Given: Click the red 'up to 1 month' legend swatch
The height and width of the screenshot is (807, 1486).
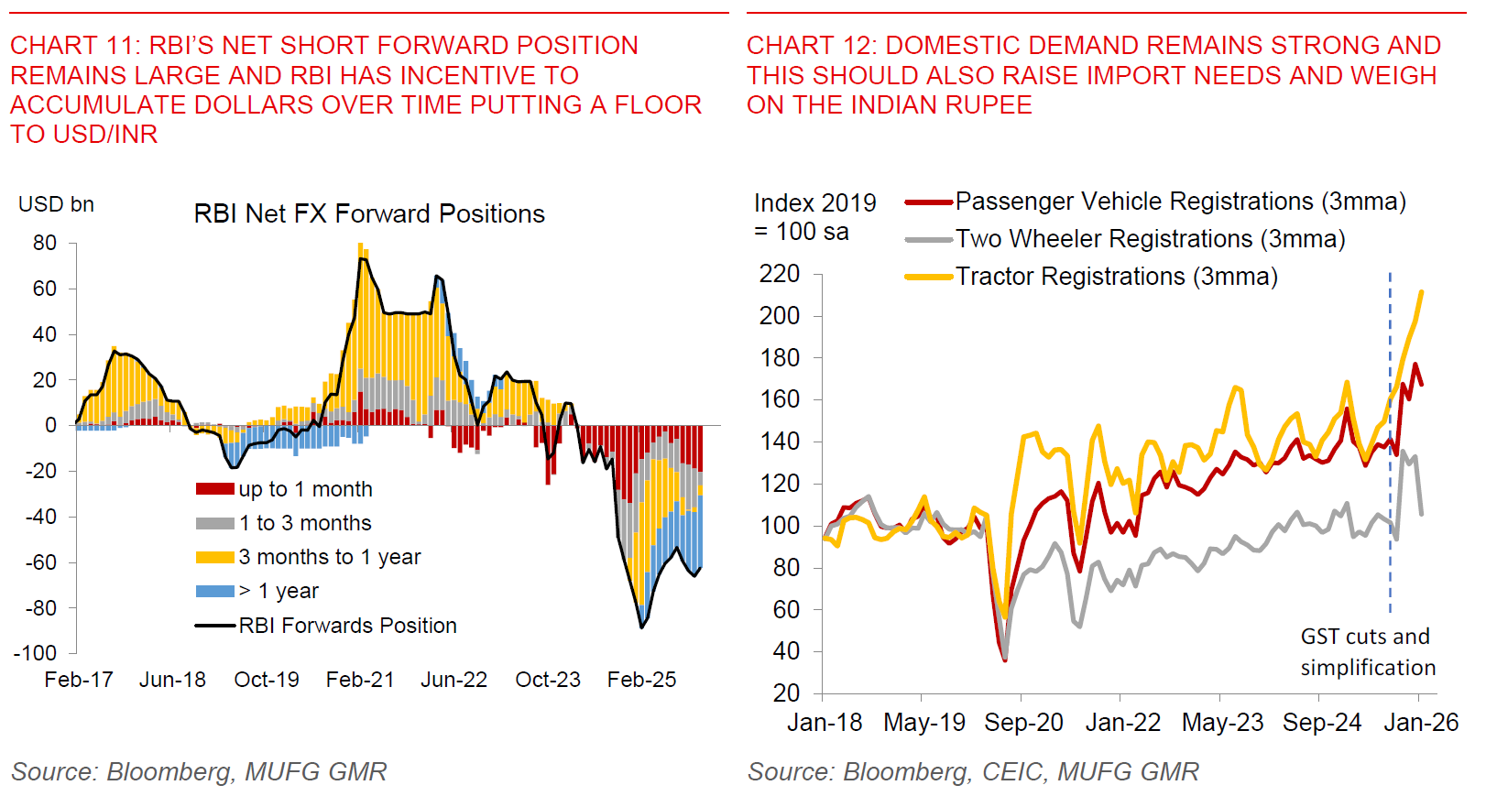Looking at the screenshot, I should click(x=215, y=489).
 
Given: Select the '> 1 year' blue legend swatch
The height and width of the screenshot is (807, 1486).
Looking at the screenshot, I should click(x=215, y=591).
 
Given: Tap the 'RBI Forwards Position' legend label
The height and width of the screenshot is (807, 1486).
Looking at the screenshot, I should click(x=347, y=626).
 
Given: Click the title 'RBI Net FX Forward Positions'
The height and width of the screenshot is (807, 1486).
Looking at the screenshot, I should click(x=369, y=213).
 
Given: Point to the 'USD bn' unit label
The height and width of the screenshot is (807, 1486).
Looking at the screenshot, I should click(x=56, y=204).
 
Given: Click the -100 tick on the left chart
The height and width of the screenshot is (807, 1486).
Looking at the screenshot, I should click(x=36, y=653).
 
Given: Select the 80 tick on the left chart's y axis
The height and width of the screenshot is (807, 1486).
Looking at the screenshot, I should click(x=45, y=243).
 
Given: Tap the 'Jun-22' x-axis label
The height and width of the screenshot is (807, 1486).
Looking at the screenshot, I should click(x=453, y=680).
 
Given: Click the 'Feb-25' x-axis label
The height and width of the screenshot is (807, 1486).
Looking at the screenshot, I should click(x=641, y=680).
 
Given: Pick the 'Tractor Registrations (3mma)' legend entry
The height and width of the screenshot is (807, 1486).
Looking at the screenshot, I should click(x=1116, y=277).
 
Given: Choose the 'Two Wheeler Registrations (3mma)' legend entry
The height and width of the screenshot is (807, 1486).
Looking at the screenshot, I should click(x=1150, y=239).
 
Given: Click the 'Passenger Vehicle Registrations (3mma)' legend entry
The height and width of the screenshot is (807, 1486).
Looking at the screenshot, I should click(x=1180, y=202).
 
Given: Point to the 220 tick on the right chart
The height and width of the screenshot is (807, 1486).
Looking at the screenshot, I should click(x=780, y=274).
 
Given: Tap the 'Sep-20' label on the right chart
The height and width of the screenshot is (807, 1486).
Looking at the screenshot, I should click(x=1023, y=723).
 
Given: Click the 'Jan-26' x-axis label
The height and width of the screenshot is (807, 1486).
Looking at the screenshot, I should click(x=1421, y=723).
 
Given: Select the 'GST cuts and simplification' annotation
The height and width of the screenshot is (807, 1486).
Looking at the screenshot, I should click(x=1367, y=651).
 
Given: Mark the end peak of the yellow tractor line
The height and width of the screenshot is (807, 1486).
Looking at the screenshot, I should click(x=1421, y=292).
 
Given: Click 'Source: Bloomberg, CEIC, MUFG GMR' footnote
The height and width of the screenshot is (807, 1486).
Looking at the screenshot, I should click(x=973, y=772).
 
